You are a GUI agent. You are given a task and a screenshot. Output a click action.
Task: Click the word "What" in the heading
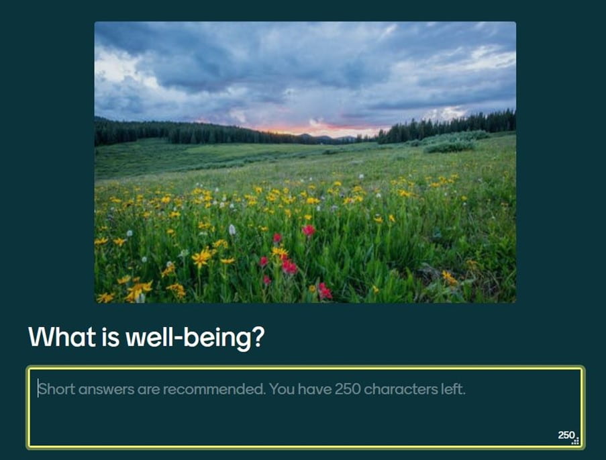[x=62, y=336]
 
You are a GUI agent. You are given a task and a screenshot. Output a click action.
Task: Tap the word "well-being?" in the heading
[x=195, y=337]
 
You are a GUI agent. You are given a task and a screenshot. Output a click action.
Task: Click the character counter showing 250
[x=566, y=435]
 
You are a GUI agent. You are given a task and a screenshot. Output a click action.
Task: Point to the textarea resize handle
[x=576, y=441]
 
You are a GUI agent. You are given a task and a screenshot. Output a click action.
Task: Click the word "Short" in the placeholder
[x=57, y=389]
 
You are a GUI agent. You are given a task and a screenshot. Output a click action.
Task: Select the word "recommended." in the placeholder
[x=215, y=389]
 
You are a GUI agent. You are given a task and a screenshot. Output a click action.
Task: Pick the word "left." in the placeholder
[x=454, y=389]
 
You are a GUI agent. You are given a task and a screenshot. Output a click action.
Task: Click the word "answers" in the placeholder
[x=106, y=389]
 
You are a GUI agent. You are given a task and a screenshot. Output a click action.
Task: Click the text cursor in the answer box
[x=38, y=388]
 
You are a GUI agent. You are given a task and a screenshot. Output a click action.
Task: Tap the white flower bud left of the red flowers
[x=232, y=230]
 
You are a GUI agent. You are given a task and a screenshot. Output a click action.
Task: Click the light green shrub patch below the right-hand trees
[x=450, y=146]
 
